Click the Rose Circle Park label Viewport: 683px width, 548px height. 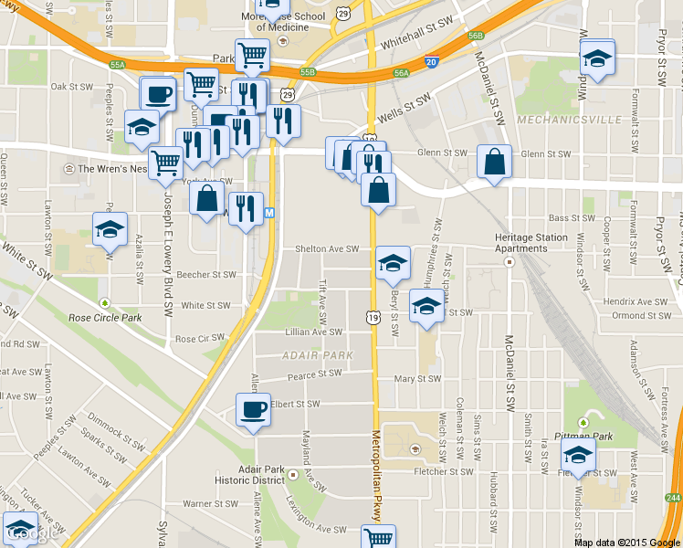tap(106, 318)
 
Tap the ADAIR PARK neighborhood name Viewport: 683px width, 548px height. tap(305, 354)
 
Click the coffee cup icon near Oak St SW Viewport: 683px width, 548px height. tap(157, 94)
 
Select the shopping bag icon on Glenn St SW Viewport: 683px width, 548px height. tap(494, 162)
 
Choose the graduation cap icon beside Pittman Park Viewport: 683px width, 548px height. tap(578, 455)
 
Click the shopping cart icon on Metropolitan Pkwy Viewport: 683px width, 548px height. tap(377, 537)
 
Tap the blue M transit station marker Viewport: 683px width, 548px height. tap(269, 213)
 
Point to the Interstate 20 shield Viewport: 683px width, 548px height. tap(432, 62)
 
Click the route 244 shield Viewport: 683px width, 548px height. tap(673, 497)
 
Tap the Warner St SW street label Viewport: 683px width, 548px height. tap(210, 503)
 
